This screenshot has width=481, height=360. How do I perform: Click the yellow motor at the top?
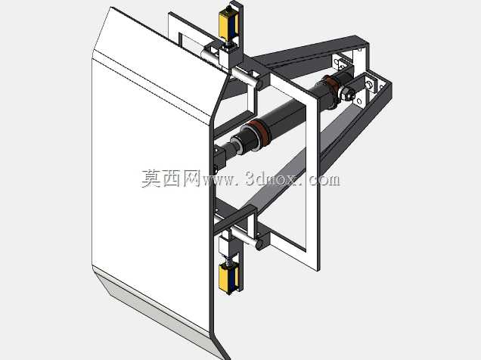pyautogui.click(x=228, y=23)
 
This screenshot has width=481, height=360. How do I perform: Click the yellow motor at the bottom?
pyautogui.click(x=228, y=278)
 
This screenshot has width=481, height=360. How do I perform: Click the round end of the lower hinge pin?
pyautogui.click(x=259, y=244)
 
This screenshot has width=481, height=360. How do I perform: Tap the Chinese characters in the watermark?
pyautogui.click(x=171, y=178)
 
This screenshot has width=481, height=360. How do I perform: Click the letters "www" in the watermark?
pyautogui.click(x=218, y=180)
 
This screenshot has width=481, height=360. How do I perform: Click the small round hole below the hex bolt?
pyautogui.click(x=359, y=101)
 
